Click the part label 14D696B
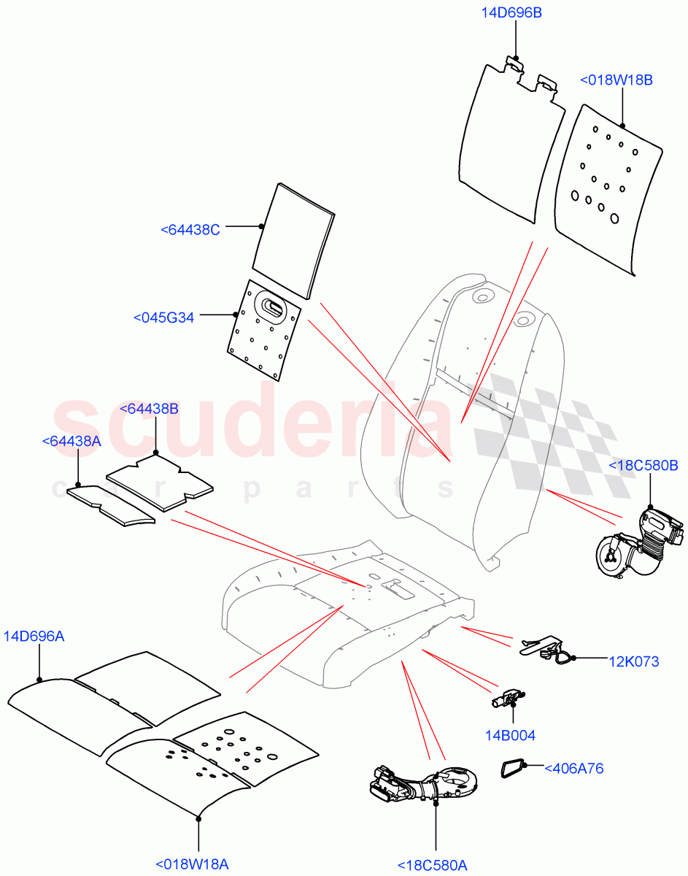tap(511, 12)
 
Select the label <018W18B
tap(616, 80)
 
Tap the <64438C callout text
tap(190, 229)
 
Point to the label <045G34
tap(163, 318)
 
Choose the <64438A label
tap(71, 441)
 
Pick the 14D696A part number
tap(34, 636)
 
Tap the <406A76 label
tap(574, 768)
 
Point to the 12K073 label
tap(633, 661)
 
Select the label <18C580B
tap(643, 465)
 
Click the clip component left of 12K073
tap(544, 647)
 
